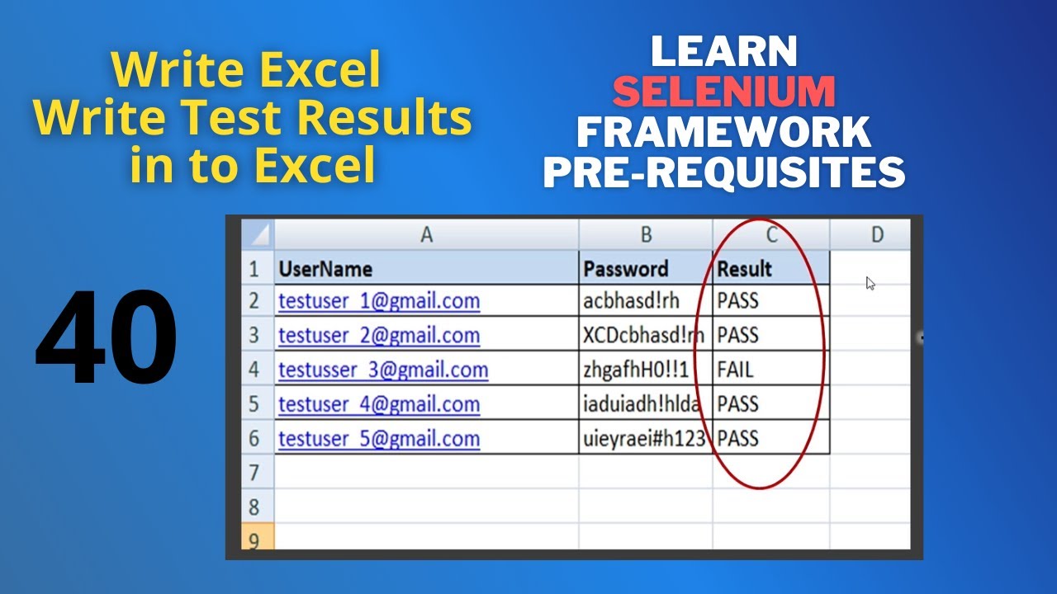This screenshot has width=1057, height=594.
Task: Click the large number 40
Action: click(x=106, y=338)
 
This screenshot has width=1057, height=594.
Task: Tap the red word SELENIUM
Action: click(x=724, y=92)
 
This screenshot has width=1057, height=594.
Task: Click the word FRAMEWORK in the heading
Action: click(x=723, y=132)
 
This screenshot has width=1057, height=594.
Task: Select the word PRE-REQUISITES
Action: click(x=723, y=172)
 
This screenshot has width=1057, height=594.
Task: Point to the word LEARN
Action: click(x=723, y=52)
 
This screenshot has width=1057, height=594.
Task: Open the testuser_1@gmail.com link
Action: click(x=379, y=301)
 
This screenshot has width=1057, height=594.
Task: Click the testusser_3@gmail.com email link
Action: click(x=383, y=370)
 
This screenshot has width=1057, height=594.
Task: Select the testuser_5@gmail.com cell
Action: click(x=379, y=438)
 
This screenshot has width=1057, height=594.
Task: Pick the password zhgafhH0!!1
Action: click(x=635, y=370)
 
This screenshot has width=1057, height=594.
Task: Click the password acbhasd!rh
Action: click(x=631, y=301)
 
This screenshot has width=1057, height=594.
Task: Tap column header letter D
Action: click(x=877, y=235)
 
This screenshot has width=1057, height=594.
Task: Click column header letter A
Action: click(x=426, y=235)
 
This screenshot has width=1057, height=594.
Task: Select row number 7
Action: click(x=254, y=473)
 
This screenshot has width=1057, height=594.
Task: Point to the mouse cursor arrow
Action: click(x=870, y=283)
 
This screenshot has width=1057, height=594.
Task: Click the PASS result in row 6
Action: click(x=737, y=438)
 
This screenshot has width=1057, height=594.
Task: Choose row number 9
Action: click(x=254, y=540)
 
